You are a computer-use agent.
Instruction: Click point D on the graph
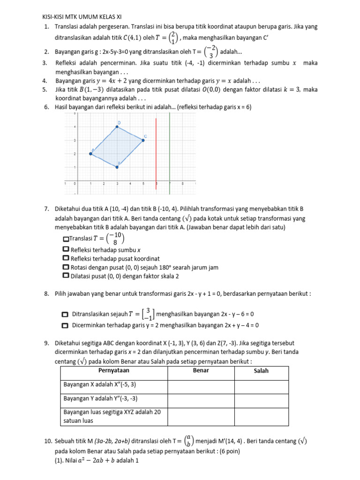(x=117, y=127)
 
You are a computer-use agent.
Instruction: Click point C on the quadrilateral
(x=143, y=140)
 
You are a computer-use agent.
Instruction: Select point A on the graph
(x=90, y=153)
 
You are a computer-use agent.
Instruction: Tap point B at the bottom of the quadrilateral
(x=117, y=166)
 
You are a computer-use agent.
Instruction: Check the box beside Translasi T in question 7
(x=65, y=239)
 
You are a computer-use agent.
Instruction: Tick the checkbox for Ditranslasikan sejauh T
(x=65, y=314)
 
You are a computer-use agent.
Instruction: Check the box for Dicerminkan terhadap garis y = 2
(x=65, y=325)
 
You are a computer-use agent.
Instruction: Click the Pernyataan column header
(x=114, y=371)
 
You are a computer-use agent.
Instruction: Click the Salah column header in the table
(x=261, y=371)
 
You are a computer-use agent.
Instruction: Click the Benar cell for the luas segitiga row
(x=201, y=416)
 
